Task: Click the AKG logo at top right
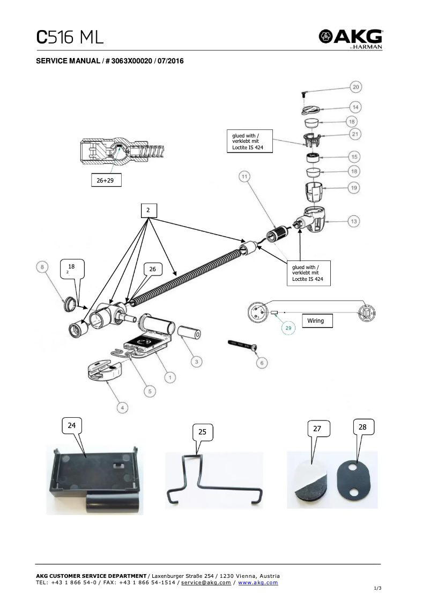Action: pyautogui.click(x=351, y=39)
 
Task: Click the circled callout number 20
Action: pyautogui.click(x=356, y=87)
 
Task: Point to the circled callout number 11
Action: pyautogui.click(x=244, y=177)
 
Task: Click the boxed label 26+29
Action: pyautogui.click(x=105, y=181)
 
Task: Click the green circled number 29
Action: pyautogui.click(x=288, y=328)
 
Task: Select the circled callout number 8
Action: pyautogui.click(x=43, y=266)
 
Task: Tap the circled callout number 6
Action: pyautogui.click(x=262, y=364)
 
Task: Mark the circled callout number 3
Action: pyautogui.click(x=197, y=362)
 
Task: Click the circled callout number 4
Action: pyautogui.click(x=123, y=409)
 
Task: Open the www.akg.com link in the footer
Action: pyautogui.click(x=258, y=583)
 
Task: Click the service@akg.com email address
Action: pyautogui.click(x=206, y=583)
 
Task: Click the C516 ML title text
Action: pyautogui.click(x=70, y=38)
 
